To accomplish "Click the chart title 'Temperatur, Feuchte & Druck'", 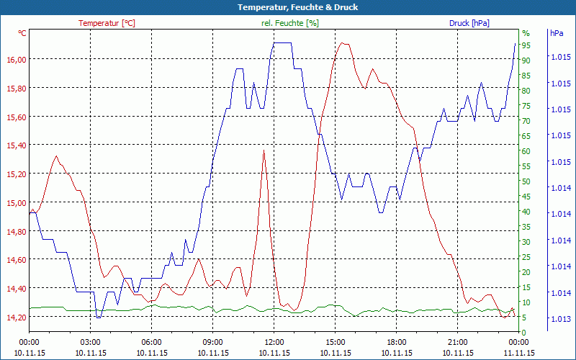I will tap(287, 7).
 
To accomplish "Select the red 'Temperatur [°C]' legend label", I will tap(107, 23).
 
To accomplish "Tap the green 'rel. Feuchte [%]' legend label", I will tap(290, 23).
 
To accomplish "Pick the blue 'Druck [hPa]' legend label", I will tap(469, 23).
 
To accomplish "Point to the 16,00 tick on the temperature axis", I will tap(16, 59).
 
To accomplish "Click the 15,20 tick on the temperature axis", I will tap(16, 174).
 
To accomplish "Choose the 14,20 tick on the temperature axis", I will tap(16, 317).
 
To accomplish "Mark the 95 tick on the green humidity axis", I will tap(526, 45).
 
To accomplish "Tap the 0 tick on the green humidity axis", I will tap(524, 332).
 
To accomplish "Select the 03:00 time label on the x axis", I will tap(90, 342).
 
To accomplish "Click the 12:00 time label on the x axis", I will tap(274, 342).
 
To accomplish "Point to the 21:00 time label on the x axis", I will tap(458, 342).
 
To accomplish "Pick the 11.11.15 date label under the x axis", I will tap(519, 353).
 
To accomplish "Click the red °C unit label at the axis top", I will tap(22, 33).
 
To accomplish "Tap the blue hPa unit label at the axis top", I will tap(557, 33).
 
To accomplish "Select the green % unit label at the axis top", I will tap(526, 33).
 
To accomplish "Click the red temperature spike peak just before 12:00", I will tap(264, 150).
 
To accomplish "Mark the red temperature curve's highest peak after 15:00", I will tap(344, 43).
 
